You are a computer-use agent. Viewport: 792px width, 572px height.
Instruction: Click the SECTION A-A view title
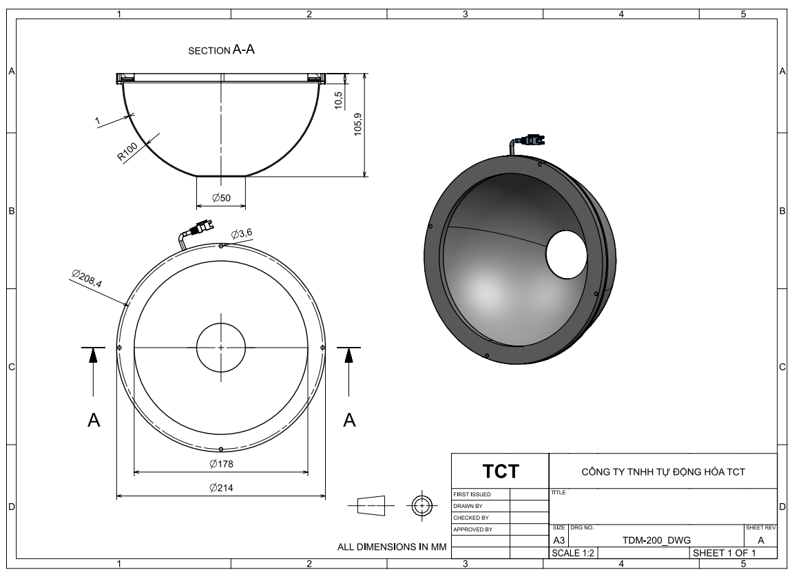pos(221,50)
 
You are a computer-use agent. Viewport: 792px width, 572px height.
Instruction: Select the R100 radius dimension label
pos(127,151)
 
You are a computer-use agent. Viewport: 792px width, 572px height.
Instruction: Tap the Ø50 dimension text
pos(221,198)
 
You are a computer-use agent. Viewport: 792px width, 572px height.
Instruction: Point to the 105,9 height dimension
pos(358,124)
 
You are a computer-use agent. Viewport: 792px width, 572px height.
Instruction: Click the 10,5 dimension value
pos(339,100)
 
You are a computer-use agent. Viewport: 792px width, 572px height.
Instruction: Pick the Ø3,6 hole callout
pos(242,233)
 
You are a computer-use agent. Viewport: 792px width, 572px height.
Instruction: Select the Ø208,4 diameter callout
pos(86,279)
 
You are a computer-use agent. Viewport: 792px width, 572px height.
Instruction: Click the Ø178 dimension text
pos(221,464)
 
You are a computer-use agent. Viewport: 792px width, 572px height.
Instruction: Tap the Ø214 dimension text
pos(221,488)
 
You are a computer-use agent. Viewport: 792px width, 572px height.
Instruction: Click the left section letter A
pos(94,420)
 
